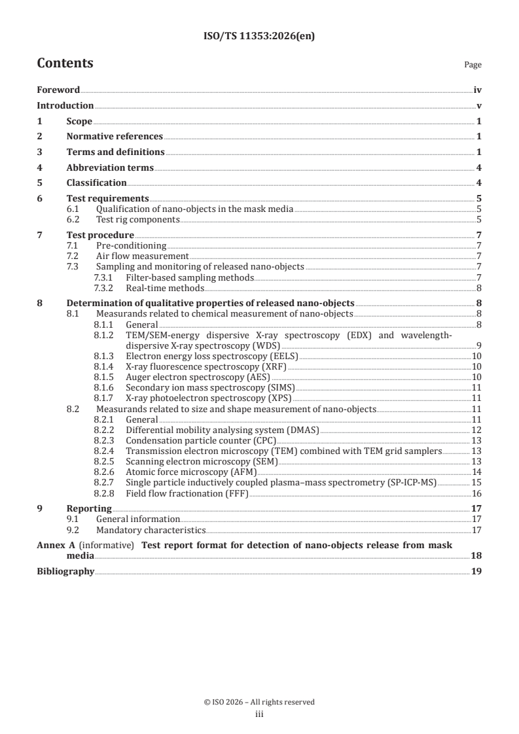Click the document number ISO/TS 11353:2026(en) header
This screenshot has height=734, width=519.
(x=259, y=37)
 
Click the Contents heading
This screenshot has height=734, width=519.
(x=65, y=63)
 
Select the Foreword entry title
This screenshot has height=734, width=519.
(x=58, y=90)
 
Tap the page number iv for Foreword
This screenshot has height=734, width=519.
(x=478, y=90)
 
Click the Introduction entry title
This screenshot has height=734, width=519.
(x=65, y=105)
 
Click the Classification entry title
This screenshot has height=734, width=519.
(x=96, y=183)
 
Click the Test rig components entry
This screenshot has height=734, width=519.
(x=137, y=219)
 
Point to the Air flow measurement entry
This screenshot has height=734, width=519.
(x=142, y=255)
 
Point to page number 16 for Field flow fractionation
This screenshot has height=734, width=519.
(x=477, y=493)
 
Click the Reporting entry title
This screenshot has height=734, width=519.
(x=89, y=508)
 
